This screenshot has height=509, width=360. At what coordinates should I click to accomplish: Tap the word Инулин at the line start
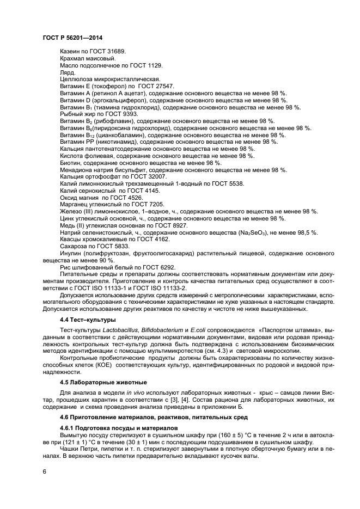point(72,254)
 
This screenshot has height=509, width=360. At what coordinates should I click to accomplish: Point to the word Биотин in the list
point(71,163)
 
